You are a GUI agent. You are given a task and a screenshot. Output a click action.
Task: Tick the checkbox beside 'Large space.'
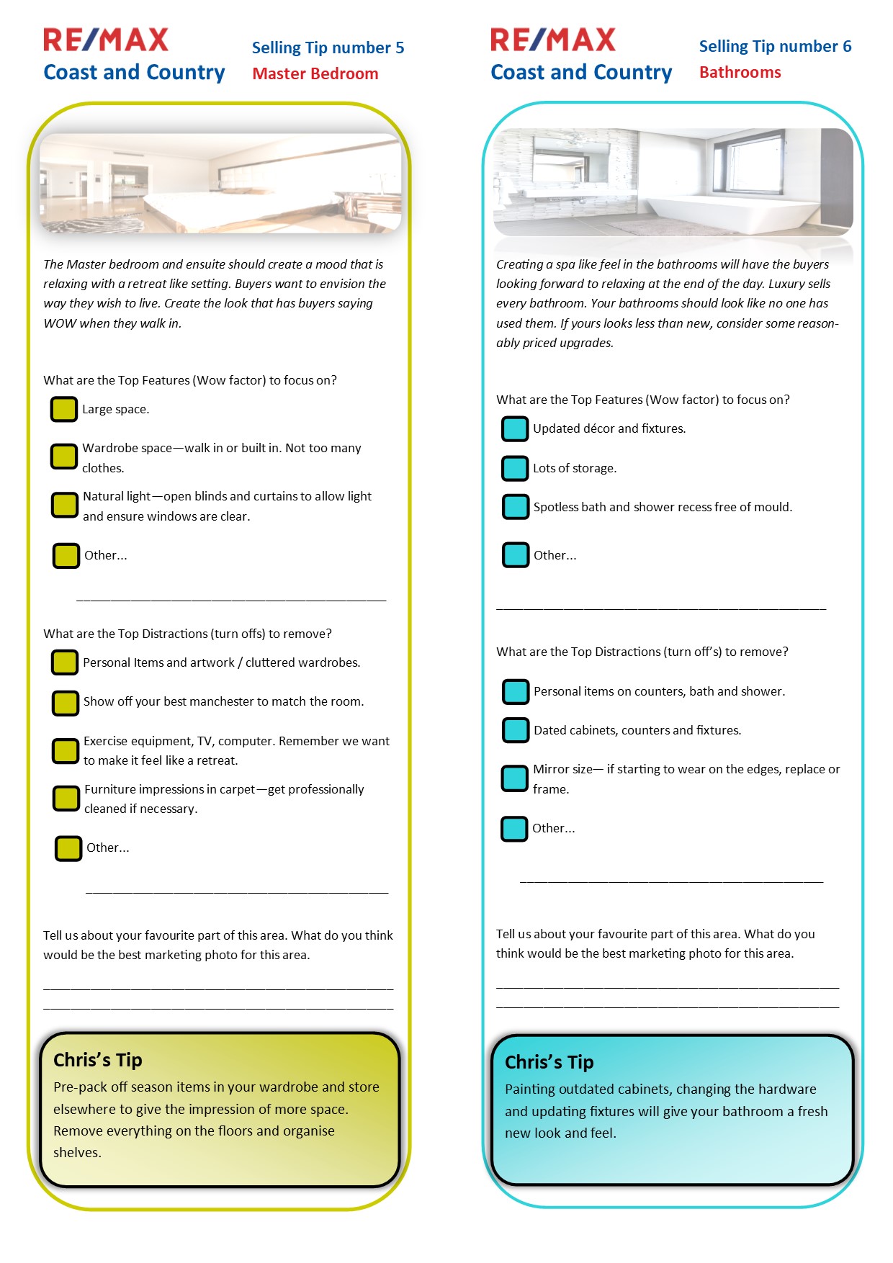point(63,409)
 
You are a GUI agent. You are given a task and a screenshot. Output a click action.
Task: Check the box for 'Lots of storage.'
point(515,468)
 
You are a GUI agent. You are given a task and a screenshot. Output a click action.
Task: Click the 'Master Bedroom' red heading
point(315,73)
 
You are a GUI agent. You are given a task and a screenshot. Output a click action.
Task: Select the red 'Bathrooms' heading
point(740,72)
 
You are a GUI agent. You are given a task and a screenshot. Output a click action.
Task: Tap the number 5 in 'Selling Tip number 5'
point(399,48)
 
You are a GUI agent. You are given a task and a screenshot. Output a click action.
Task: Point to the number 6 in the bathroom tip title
point(847,47)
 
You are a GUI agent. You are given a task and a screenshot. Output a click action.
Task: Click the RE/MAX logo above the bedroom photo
point(106,40)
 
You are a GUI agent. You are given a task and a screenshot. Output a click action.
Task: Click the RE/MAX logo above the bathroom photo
point(553,40)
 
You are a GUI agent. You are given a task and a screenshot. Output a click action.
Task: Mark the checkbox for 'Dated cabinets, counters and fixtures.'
point(516,730)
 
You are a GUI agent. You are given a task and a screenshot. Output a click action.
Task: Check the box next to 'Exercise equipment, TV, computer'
point(65,751)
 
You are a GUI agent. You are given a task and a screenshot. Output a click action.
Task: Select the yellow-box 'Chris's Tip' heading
point(98,1060)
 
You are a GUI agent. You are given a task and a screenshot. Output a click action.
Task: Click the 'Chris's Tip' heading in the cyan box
point(549,1062)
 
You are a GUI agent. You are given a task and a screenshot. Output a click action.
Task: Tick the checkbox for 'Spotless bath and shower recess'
point(516,507)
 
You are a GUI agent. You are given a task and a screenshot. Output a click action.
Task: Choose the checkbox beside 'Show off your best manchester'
point(65,702)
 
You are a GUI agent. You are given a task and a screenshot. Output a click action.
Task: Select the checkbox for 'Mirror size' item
point(515,778)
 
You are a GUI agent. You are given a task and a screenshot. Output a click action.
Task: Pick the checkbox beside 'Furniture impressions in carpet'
point(66,799)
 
